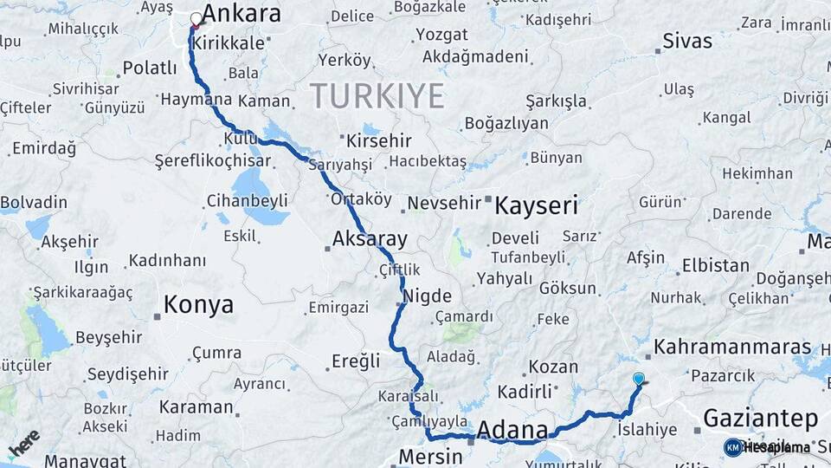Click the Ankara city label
pos(242,15)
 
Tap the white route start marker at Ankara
pos(196,18)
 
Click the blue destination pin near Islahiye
pos(639,379)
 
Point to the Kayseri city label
pos(536,205)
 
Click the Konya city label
pos(199,305)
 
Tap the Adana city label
pos(512,430)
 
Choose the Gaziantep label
pos(760,419)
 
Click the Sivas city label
pos(687,41)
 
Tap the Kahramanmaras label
pos(732,348)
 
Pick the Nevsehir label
pos(443,203)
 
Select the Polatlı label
pos(149,68)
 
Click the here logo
pos(23,442)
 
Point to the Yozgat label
pos(441,35)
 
